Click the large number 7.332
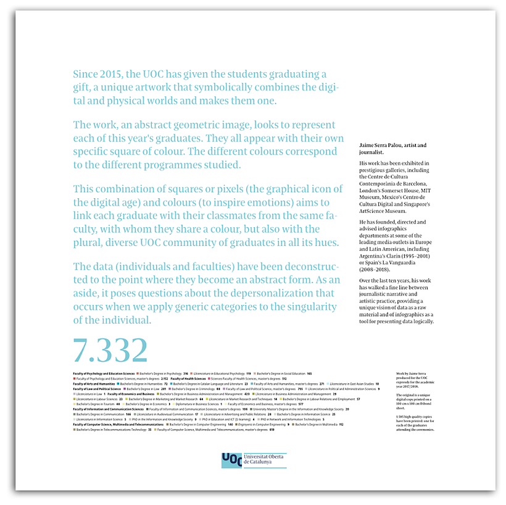(x=110, y=349)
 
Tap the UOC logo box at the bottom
(x=231, y=461)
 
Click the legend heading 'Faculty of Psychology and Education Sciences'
(x=103, y=374)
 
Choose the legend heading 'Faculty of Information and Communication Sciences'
(x=108, y=409)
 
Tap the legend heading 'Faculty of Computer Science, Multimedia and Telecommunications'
(x=118, y=425)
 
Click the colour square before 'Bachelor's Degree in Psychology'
(x=138, y=374)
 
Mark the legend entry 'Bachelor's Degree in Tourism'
(x=96, y=404)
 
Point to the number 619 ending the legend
(x=272, y=430)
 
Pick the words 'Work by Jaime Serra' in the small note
(x=412, y=374)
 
